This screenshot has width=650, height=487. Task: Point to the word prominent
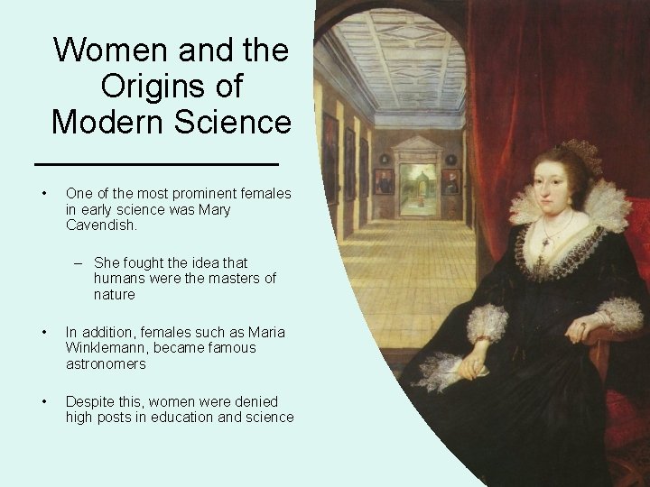(178, 194)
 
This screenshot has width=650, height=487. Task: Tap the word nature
(114, 295)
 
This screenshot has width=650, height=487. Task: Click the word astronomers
(107, 364)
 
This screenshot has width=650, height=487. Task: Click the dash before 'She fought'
(79, 262)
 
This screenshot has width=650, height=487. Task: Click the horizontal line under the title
(155, 164)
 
